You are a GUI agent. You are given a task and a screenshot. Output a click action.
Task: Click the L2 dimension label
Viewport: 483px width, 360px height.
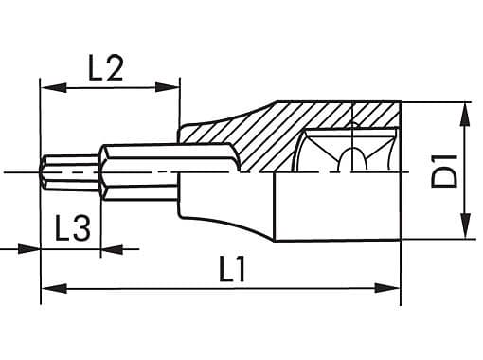(x=105, y=68)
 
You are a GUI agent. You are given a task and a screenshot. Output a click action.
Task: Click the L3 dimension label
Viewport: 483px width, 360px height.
(x=73, y=228)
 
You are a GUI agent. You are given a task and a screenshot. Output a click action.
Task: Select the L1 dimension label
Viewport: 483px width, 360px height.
(x=232, y=269)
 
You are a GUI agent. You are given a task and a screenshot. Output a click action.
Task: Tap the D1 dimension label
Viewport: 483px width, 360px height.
(x=444, y=171)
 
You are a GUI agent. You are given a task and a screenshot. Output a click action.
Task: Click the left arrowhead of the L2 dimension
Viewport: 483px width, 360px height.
(x=54, y=88)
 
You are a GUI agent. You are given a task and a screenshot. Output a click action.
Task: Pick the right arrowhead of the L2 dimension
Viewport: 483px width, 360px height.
(x=167, y=87)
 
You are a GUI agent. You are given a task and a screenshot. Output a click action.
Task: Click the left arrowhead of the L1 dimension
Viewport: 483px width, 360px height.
(x=54, y=288)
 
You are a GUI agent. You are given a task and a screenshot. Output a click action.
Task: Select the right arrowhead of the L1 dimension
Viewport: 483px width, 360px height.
(x=387, y=288)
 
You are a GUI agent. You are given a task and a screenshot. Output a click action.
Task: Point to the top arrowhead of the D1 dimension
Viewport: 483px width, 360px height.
(x=466, y=115)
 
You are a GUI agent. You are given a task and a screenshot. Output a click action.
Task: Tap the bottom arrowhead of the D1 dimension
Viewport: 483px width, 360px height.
(x=466, y=225)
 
